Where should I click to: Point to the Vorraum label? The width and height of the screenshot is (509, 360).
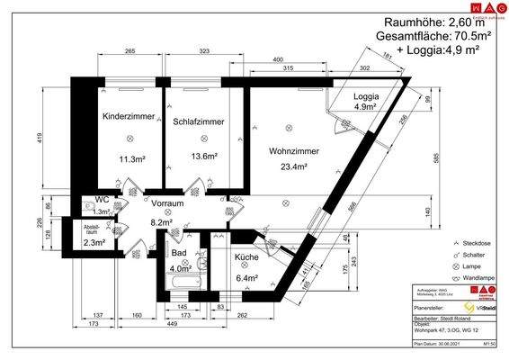click(167, 203)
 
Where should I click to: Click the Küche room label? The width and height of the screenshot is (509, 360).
click(247, 257)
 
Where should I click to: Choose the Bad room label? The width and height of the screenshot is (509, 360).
click(179, 254)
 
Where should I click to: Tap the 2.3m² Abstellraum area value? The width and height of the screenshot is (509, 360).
click(95, 241)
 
